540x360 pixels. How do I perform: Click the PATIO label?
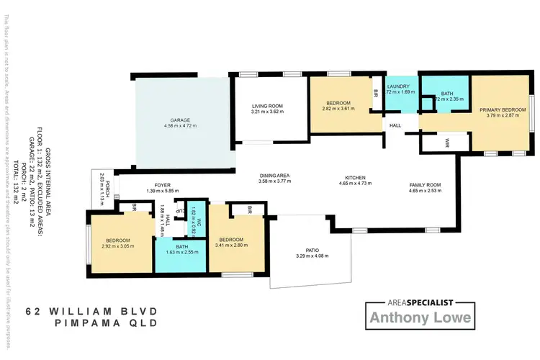tap(312, 251)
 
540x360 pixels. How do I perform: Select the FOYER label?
tap(161, 185)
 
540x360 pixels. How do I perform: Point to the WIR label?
tap(447, 140)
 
